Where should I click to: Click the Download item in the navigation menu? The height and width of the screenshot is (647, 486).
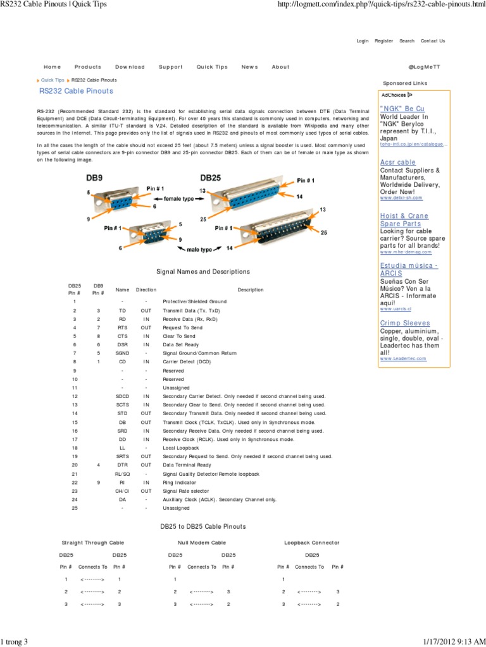coord(130,67)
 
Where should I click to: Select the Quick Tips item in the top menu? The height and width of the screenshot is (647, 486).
coord(212,67)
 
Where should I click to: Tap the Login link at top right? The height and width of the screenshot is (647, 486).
coord(363,41)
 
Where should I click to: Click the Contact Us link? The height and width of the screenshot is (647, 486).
coord(433,41)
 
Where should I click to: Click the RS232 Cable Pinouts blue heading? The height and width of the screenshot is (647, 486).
coord(76,91)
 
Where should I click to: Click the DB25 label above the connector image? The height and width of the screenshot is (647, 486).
coord(211,178)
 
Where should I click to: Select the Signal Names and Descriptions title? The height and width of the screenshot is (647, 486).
coord(202,272)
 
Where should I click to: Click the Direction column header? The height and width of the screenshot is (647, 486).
coord(146,289)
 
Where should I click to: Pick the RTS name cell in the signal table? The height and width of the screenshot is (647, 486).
coord(123,328)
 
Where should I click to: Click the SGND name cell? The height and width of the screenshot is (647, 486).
coord(123,353)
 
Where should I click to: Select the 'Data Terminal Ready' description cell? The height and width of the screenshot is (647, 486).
coord(186,464)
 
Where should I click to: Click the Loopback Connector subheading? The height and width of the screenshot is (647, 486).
coord(312,543)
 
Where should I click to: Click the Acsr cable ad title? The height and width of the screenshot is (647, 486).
coord(398,162)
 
